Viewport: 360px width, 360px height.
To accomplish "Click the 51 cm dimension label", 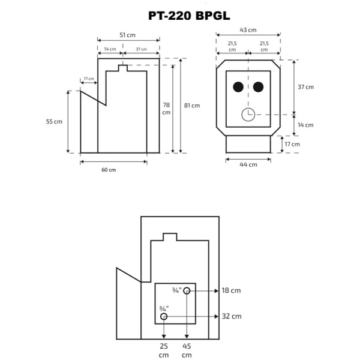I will coord(128,35).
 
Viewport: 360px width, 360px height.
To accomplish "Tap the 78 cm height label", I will coord(166,109).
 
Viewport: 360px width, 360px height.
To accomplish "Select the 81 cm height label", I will coord(191,106).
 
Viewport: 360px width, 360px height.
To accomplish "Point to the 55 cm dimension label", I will coord(54,121).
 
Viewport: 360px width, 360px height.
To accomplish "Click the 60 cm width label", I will coord(109,170).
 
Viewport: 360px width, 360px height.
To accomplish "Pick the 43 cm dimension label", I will coord(248,30).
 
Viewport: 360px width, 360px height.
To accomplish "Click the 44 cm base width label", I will coord(248,164).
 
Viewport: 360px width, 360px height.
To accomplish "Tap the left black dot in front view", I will coord(238,88).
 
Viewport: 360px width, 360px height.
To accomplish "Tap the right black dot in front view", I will coord(259,88).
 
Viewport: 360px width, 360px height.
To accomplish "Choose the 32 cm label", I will coord(232,316).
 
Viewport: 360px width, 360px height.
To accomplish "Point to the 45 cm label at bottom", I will coord(187,350).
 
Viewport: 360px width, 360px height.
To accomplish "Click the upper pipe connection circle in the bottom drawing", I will coord(187,291).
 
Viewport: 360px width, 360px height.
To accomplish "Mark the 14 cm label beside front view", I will coord(306,125).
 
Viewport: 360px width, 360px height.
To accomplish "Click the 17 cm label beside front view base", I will coord(292,145).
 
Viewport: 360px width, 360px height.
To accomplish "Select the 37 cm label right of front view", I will coord(306,87).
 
